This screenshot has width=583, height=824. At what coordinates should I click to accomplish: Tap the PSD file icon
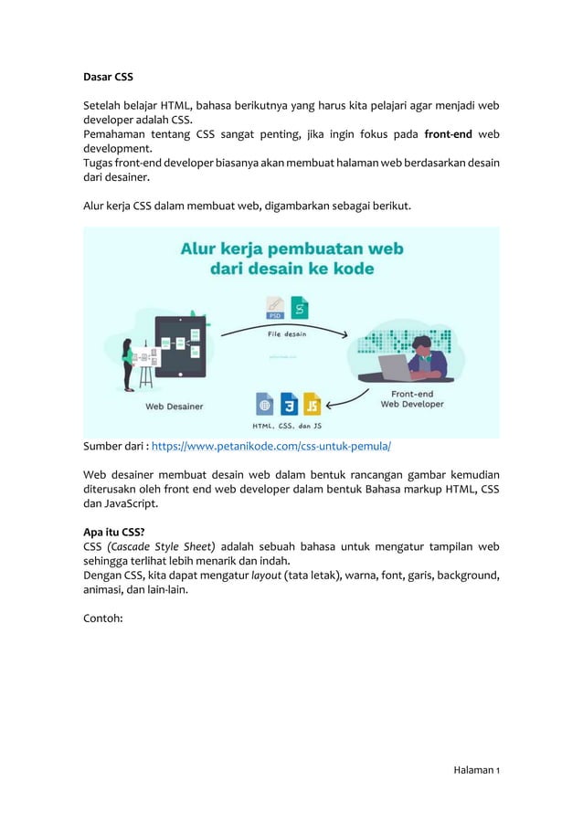[275, 309]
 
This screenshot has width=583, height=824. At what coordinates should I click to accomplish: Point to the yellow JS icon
[313, 403]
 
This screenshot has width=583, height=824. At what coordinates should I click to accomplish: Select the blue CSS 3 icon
[289, 403]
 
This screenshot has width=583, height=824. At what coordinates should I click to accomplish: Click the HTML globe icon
[265, 403]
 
